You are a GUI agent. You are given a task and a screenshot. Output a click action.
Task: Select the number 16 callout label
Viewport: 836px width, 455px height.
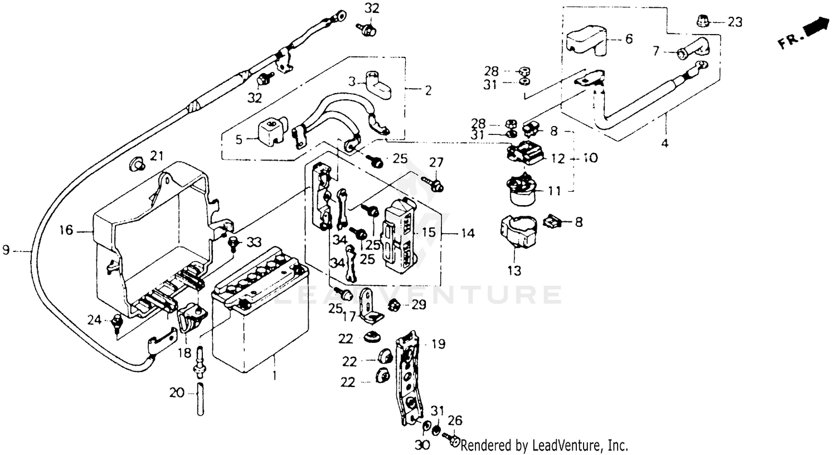click(x=66, y=230)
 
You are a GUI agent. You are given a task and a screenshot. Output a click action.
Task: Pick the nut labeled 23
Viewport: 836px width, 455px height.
click(x=703, y=21)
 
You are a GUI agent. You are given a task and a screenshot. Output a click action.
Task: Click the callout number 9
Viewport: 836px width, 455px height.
click(x=6, y=251)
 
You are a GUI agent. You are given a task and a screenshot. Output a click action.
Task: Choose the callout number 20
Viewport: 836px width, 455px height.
click(x=177, y=393)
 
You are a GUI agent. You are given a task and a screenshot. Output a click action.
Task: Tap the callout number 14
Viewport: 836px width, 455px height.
click(x=468, y=233)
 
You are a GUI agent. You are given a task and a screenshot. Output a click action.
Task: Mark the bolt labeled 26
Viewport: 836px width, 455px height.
click(x=451, y=441)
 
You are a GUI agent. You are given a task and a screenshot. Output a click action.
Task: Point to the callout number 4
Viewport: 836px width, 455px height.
click(x=664, y=143)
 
